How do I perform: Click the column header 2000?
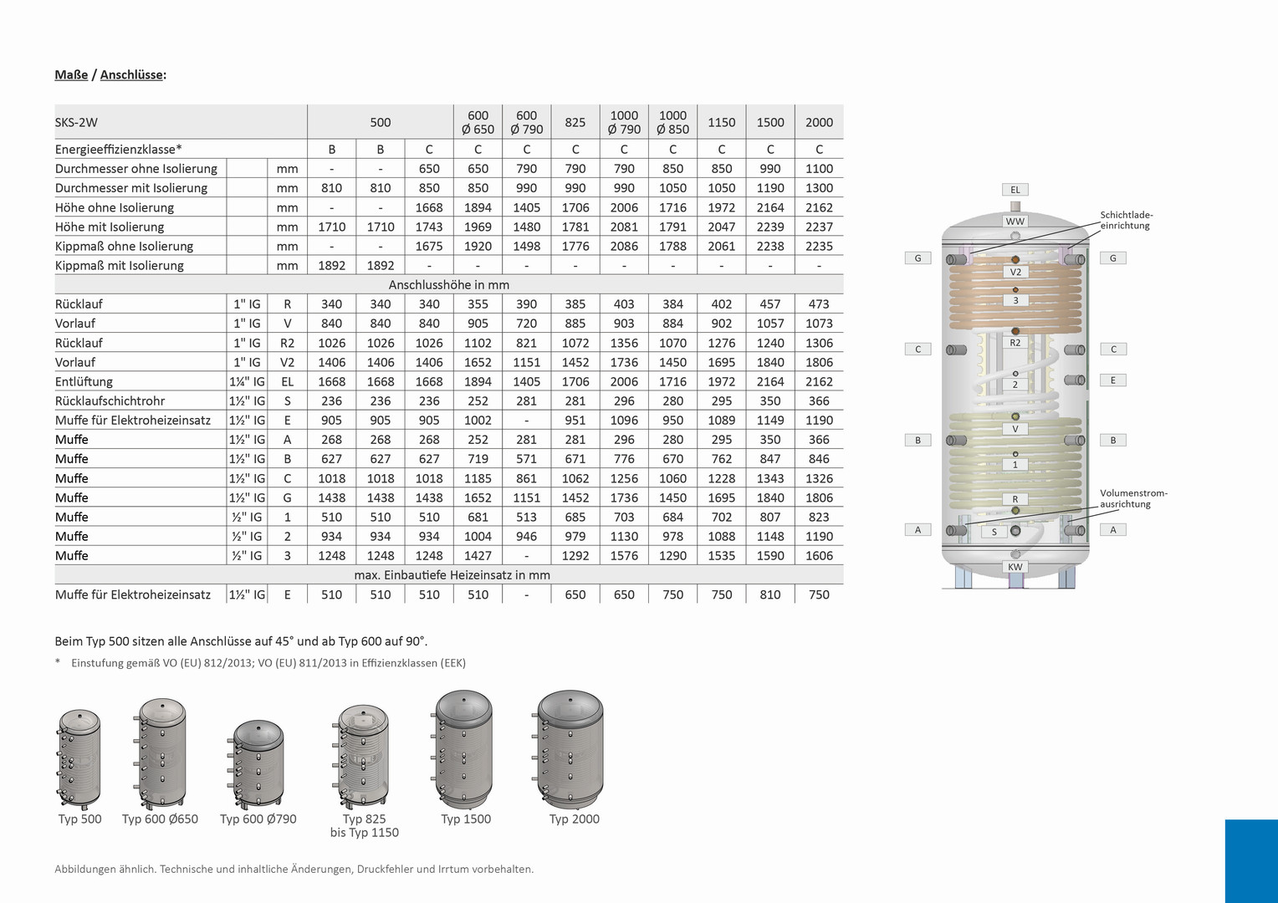(x=819, y=122)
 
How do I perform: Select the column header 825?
(x=575, y=122)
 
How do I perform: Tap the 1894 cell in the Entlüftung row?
(x=478, y=381)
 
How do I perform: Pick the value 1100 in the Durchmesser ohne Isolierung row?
(x=819, y=169)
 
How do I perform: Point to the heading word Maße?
(x=71, y=74)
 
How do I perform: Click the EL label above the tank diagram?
(x=1015, y=190)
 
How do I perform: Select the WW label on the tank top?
(x=1015, y=222)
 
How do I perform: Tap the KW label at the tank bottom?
(x=1015, y=567)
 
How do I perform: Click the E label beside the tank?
(x=1112, y=380)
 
